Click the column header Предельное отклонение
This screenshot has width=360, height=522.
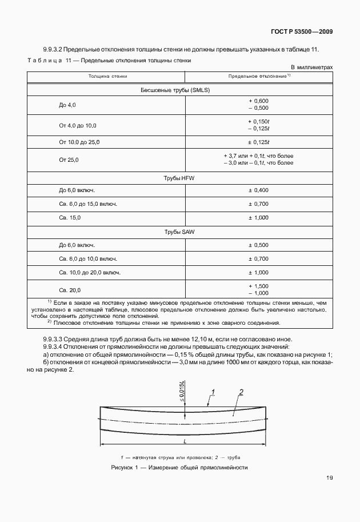[260, 75]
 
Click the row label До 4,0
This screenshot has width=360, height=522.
[67, 105]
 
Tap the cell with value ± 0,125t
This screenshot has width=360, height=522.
[259, 141]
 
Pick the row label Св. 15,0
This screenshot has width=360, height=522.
[70, 218]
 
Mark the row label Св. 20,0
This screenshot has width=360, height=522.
[70, 289]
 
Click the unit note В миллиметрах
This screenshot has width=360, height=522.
[311, 67]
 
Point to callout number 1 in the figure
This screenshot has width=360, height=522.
[212, 392]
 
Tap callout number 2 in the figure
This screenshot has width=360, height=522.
[242, 392]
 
